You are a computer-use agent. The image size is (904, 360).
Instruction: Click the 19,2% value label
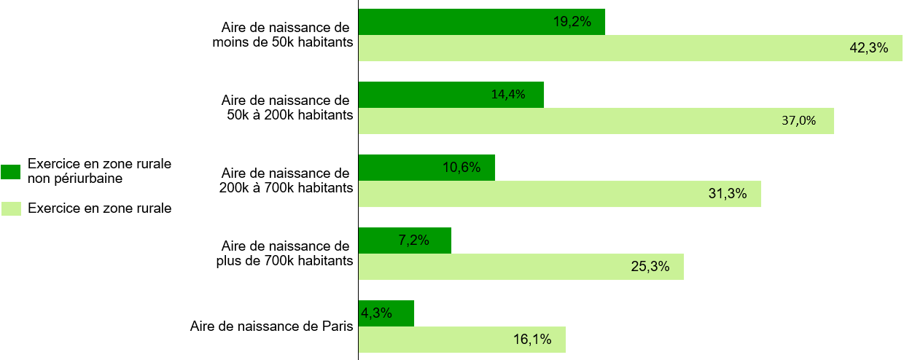coord(572,22)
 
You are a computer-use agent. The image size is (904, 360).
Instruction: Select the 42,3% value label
coord(869,48)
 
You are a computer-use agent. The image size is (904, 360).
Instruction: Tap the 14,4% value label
coord(508,94)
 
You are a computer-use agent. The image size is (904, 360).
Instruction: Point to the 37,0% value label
coord(798,121)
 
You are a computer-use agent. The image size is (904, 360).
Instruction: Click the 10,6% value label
coord(461,168)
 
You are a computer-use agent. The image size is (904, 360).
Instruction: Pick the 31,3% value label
coord(728,194)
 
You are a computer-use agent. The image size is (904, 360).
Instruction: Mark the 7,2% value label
coord(413,240)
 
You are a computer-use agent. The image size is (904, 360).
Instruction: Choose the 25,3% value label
coord(650,267)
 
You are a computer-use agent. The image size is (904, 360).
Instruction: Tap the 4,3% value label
coord(376,313)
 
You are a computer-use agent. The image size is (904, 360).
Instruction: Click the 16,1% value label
coord(532,339)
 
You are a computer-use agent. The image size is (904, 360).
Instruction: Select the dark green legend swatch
coord(11,172)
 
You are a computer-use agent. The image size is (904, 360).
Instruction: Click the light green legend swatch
coord(11,209)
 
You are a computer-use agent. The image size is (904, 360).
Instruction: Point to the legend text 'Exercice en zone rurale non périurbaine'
coord(99,171)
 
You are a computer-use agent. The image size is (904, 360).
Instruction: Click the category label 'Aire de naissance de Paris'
coord(272,326)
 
